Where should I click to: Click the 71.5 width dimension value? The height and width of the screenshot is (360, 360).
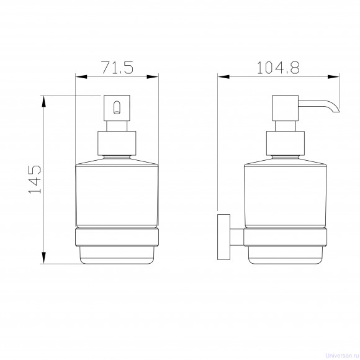coord(117,68)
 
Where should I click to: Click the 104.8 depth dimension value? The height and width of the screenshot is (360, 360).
coord(278,68)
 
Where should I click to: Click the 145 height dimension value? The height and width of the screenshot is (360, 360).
coord(35,179)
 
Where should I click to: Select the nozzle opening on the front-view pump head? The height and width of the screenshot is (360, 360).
coord(117,107)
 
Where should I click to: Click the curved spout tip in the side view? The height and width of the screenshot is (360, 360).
coord(335,110)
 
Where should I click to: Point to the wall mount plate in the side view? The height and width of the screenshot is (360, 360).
coord(224,237)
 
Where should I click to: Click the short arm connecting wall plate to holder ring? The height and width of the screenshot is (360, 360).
coord(237,237)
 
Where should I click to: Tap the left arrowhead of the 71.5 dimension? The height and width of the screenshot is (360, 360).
coord(81,77)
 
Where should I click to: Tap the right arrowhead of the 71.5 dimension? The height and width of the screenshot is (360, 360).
coord(153,77)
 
